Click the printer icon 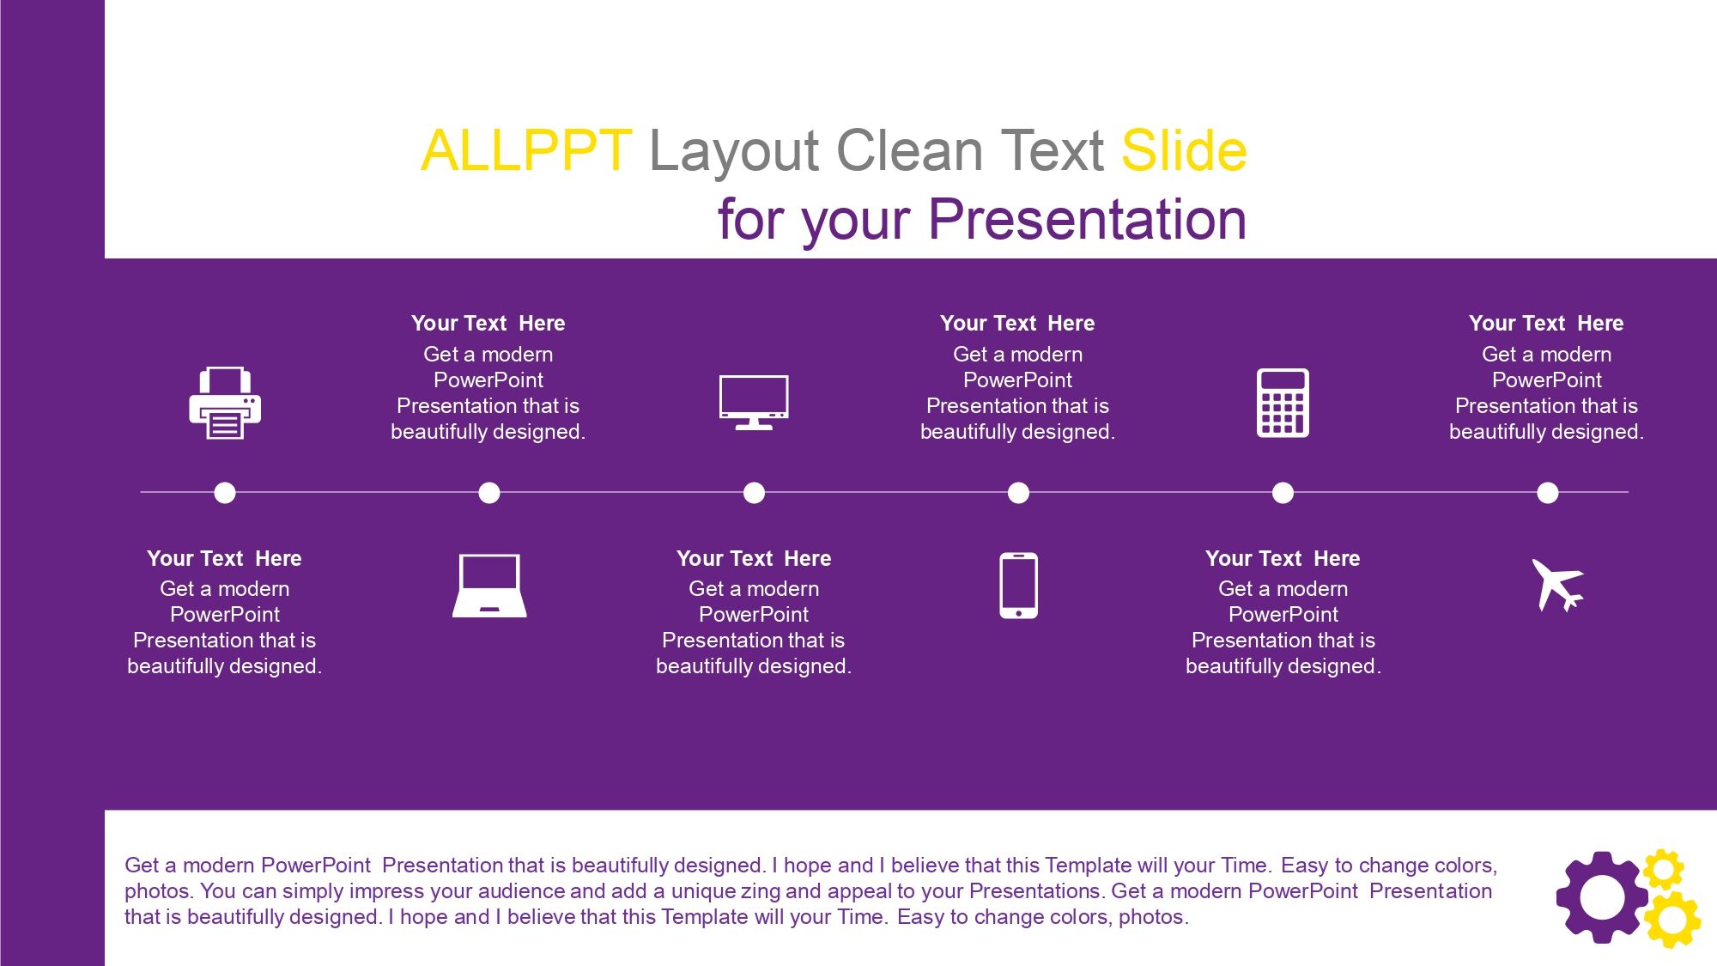(x=225, y=403)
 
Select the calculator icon (x=1283, y=403)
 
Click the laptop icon (x=489, y=586)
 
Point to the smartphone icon (x=1018, y=586)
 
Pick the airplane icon (x=1557, y=585)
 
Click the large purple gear (x=1602, y=897)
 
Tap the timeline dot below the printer (x=225, y=493)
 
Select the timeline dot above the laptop (x=489, y=493)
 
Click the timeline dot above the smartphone (x=1018, y=493)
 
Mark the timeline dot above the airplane (x=1547, y=493)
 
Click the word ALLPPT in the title (x=526, y=151)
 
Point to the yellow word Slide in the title (x=1184, y=151)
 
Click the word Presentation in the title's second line (x=1087, y=220)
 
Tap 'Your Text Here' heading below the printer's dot (x=224, y=559)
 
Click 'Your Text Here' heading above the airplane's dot (x=1546, y=324)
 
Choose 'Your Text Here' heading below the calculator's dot (x=1283, y=559)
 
